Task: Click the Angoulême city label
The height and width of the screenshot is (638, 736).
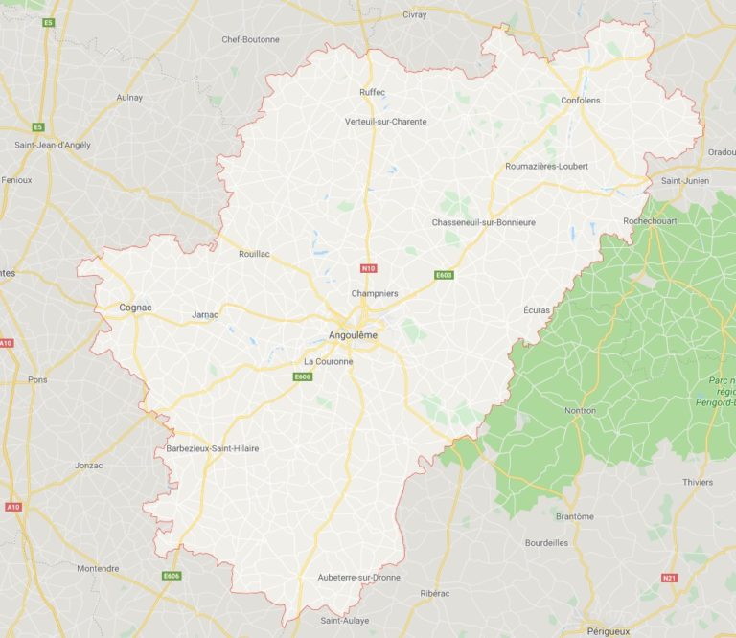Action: click(353, 336)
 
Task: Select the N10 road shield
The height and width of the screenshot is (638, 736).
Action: click(367, 268)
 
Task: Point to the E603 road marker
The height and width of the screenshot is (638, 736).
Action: click(443, 275)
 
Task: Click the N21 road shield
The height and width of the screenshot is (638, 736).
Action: click(670, 578)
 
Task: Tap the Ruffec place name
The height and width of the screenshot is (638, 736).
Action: click(372, 92)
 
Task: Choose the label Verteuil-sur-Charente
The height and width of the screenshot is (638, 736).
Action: click(386, 122)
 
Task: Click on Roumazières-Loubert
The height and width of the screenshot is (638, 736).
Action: click(546, 166)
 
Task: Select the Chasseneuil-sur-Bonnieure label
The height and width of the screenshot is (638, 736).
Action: click(483, 222)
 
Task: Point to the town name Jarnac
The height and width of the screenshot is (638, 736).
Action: click(205, 314)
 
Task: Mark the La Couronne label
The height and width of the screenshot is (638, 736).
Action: click(328, 361)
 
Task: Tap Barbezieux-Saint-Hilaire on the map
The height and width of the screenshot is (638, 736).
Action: click(213, 448)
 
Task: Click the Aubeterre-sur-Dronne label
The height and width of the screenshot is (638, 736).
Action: click(358, 577)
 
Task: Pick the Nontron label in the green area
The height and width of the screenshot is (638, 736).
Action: click(580, 411)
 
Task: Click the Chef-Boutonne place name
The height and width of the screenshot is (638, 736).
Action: click(250, 39)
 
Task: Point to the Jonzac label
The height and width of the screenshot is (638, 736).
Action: click(88, 465)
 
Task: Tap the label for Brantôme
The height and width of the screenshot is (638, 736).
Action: click(575, 516)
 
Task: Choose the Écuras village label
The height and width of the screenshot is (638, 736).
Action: click(538, 310)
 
